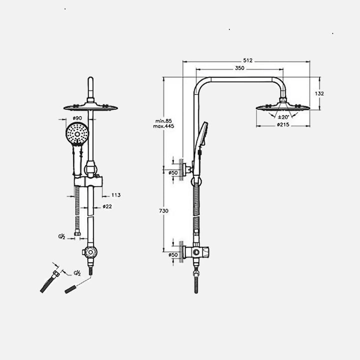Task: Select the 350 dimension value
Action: click(x=239, y=67)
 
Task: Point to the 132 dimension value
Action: click(x=320, y=93)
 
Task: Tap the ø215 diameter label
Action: click(x=284, y=125)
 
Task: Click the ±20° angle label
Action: click(x=283, y=117)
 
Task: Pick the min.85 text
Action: click(x=163, y=121)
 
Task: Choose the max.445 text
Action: click(x=163, y=126)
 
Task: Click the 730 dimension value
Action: click(x=163, y=211)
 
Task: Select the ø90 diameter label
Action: click(x=77, y=118)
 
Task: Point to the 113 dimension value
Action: click(x=116, y=195)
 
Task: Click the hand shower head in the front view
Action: click(x=77, y=134)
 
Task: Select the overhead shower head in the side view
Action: click(x=283, y=106)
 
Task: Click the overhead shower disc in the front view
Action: click(x=90, y=107)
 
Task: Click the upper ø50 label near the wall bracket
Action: click(x=173, y=173)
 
